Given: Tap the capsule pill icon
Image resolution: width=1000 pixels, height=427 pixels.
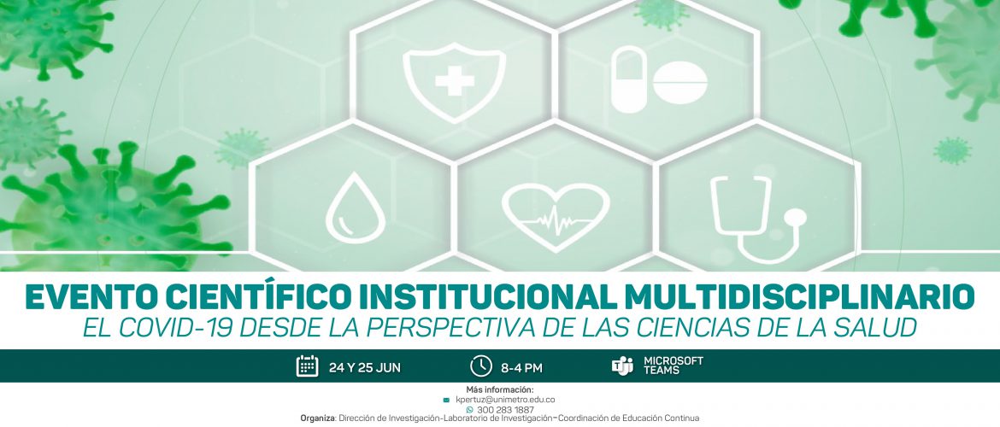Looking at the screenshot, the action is click(628, 79).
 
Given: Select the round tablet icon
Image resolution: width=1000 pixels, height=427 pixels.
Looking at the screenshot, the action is click(679, 83).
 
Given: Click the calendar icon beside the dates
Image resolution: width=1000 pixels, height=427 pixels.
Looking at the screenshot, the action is click(308, 366).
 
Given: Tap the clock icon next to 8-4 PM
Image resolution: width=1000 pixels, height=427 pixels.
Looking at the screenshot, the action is click(481, 366).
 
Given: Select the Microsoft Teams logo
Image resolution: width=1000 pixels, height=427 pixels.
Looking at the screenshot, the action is click(622, 366).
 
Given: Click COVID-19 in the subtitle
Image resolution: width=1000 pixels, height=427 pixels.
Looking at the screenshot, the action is click(183, 328).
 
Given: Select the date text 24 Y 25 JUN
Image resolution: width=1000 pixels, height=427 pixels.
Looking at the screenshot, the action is click(365, 368).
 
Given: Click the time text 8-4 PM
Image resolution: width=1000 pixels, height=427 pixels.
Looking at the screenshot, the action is click(521, 368).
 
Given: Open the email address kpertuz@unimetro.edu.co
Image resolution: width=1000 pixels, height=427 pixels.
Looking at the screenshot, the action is click(505, 400).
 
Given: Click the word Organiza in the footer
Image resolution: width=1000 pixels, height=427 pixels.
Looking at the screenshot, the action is click(318, 418).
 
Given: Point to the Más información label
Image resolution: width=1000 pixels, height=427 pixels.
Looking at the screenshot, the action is click(500, 390).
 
